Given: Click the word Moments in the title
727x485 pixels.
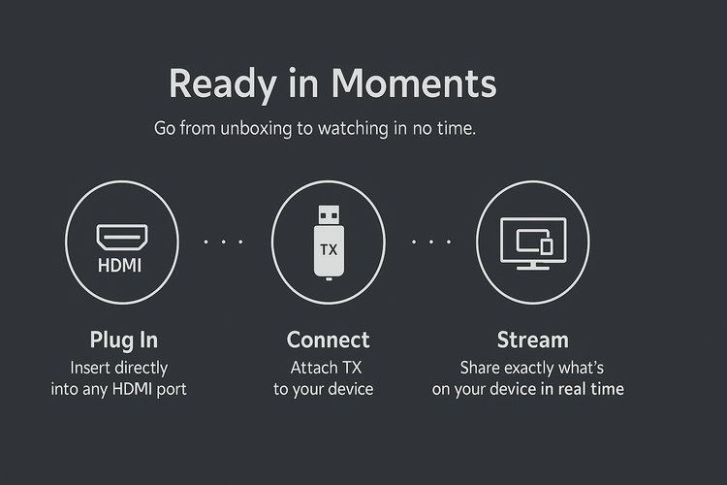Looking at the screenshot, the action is [x=414, y=83].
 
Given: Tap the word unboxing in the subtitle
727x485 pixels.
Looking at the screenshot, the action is [x=256, y=129].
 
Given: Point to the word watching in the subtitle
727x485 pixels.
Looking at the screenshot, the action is [x=353, y=129].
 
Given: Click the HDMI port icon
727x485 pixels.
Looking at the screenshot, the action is [x=122, y=237].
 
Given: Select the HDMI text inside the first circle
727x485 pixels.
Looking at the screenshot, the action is [x=119, y=266].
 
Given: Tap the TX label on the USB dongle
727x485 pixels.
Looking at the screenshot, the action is [x=329, y=250].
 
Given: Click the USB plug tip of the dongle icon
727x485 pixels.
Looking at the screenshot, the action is [x=329, y=215].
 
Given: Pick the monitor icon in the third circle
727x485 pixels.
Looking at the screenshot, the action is [x=533, y=243].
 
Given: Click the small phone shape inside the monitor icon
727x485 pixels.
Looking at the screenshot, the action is [x=547, y=246].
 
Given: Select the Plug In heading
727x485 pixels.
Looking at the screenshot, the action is [x=124, y=340].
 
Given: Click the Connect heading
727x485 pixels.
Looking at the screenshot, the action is [x=329, y=339].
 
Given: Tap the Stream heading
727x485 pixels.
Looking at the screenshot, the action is [x=533, y=339].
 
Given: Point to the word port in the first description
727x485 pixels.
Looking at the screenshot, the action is [x=172, y=389].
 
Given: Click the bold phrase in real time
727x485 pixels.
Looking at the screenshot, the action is [x=583, y=389].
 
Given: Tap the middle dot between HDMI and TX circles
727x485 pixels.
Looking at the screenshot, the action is [x=223, y=242].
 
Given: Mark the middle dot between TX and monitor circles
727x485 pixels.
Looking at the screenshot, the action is [x=431, y=242].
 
